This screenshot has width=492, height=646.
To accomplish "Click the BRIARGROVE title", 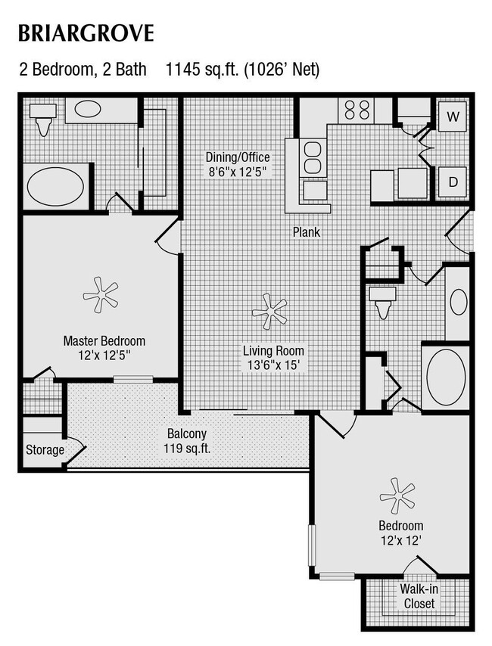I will pos(86,34).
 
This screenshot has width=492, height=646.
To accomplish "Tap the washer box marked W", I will pos(453,116).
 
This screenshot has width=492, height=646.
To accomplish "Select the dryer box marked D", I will pos(453,182).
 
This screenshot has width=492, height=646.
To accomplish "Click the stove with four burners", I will pos(357,109).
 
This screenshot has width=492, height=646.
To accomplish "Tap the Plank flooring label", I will pos(307,232).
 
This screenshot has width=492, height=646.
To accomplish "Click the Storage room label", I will pos(45,450).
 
